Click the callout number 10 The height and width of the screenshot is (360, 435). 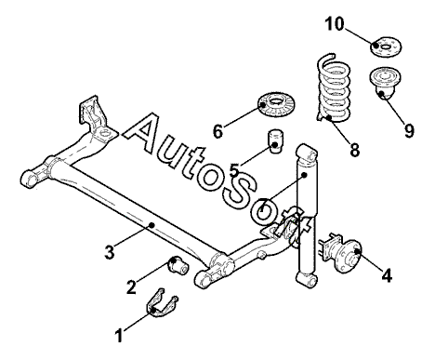click(x=335, y=24)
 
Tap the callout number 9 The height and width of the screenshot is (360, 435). click(x=409, y=130)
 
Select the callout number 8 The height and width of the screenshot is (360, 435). click(x=354, y=150)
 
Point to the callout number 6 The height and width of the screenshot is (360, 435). click(x=217, y=131)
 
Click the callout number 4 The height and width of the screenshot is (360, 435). click(x=387, y=275)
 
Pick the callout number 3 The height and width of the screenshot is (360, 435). click(x=110, y=252)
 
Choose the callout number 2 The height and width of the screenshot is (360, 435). click(x=131, y=287)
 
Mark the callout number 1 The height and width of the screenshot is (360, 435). click(x=119, y=335)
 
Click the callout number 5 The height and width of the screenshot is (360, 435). click(x=234, y=170)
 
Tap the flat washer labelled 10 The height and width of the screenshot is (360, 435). click(x=386, y=47)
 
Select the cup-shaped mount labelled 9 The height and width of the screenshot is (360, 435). click(x=385, y=83)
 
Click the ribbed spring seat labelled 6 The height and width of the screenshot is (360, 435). click(x=277, y=105)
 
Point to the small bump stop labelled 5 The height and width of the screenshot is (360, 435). click(x=275, y=141)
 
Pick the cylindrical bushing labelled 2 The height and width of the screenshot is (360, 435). click(x=178, y=265)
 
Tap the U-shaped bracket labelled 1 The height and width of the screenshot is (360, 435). click(x=162, y=304)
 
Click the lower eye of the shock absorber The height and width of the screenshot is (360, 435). click(x=307, y=279)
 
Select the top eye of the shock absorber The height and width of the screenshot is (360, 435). click(x=307, y=153)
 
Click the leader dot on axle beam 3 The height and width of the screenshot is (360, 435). click(x=152, y=225)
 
